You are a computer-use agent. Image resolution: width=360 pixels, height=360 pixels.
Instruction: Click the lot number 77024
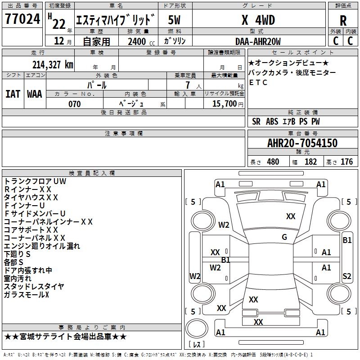22,19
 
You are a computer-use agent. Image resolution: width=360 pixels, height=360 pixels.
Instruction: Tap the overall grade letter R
343,21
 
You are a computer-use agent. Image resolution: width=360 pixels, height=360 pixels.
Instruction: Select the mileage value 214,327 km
53,65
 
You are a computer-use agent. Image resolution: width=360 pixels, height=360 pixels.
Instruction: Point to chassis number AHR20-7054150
302,143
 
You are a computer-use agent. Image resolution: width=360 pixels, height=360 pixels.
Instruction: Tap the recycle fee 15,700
226,104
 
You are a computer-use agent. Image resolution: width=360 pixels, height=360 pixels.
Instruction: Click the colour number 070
75,104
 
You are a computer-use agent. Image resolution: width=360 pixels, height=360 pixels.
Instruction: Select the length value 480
273,162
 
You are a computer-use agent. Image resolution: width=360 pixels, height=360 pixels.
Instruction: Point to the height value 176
346,162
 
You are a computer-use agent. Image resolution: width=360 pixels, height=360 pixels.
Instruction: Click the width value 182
310,162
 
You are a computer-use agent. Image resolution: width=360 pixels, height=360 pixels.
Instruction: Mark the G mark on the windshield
284,237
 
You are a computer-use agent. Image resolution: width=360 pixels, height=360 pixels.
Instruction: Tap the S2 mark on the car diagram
346,276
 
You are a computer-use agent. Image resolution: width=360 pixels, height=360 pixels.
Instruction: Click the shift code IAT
13,94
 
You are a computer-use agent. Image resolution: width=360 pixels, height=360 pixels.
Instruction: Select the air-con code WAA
35,94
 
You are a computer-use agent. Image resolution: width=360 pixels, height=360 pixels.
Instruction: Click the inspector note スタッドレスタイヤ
34,286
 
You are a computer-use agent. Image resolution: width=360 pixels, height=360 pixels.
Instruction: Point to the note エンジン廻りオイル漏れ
42,246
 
